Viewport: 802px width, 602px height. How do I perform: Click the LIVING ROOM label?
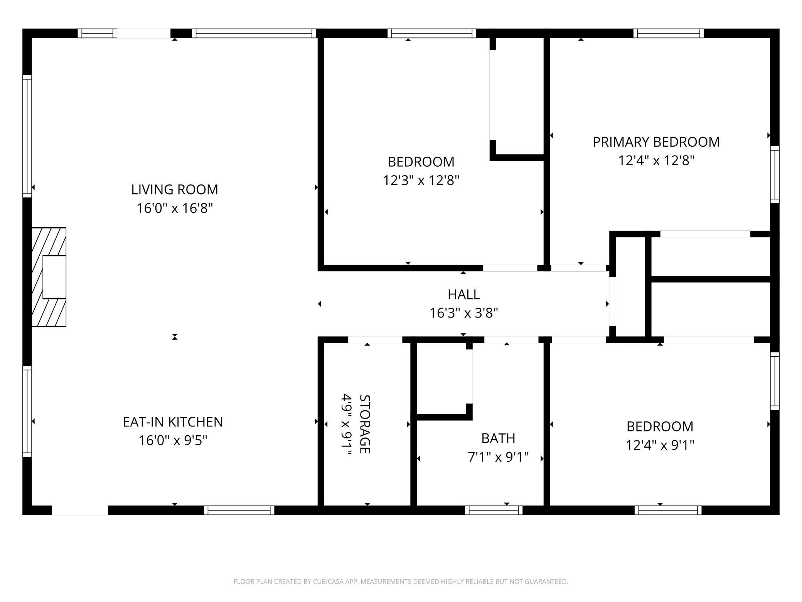point(175,189)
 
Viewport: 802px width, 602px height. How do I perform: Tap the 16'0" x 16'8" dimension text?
point(175,208)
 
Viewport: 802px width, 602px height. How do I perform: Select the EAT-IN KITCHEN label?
point(173,422)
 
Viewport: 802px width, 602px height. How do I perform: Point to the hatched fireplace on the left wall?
point(49,277)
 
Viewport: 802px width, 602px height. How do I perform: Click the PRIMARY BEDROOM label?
point(656,142)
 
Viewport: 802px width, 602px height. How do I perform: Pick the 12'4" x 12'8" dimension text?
point(656,160)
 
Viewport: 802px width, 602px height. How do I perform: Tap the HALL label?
point(463,294)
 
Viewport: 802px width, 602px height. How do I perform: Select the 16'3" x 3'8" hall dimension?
point(463,313)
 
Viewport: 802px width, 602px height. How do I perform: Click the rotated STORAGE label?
point(365,424)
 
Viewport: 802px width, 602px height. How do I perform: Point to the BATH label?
point(498,438)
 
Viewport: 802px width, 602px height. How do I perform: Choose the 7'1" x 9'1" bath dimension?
point(498,457)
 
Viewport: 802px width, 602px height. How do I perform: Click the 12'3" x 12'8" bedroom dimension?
point(421,180)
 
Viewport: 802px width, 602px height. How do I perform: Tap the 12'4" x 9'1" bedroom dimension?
point(660,445)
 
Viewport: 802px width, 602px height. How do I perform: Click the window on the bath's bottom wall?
point(494,510)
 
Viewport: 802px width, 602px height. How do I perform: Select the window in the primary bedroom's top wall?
point(669,34)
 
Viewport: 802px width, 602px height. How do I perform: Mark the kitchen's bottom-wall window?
point(239,510)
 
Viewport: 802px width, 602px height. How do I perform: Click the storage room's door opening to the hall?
point(375,340)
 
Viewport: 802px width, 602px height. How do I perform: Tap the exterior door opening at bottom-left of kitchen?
point(80,510)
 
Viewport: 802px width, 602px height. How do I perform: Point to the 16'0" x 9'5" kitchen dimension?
point(173,440)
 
